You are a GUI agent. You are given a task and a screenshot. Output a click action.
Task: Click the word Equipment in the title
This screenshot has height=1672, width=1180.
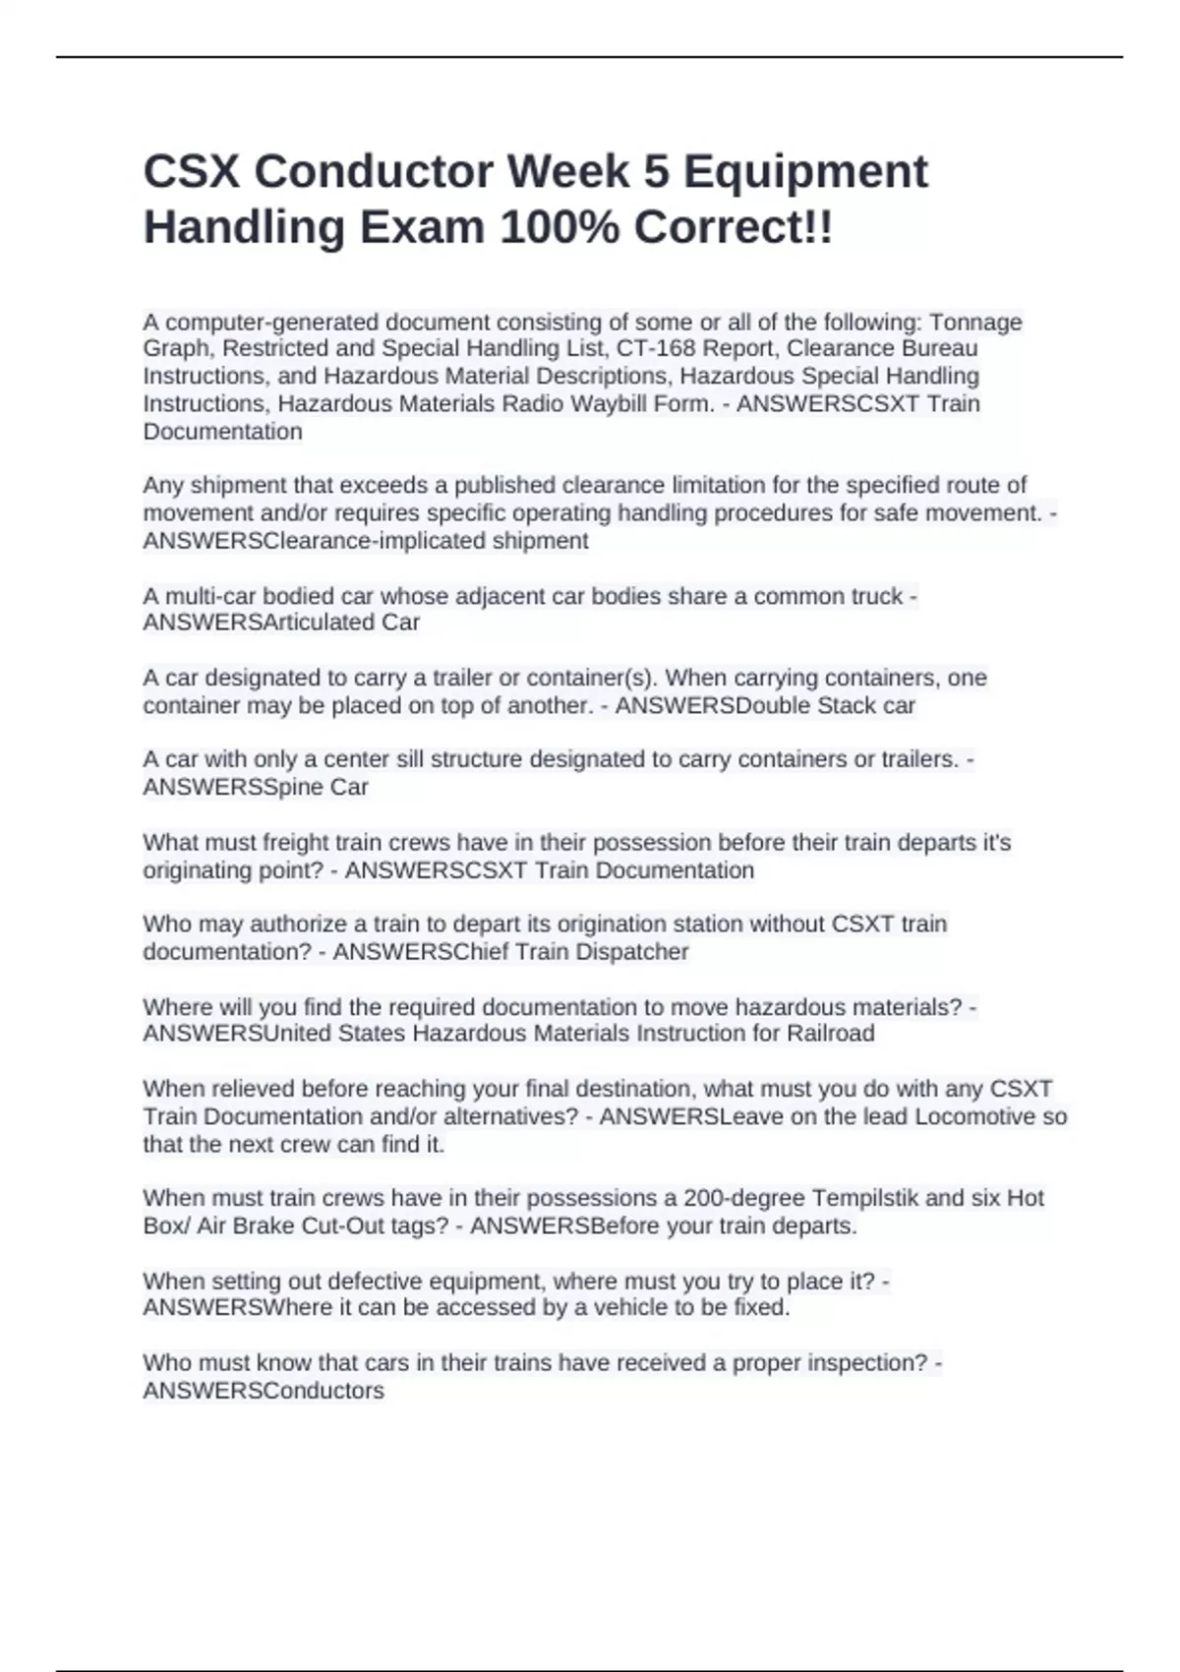click(x=805, y=172)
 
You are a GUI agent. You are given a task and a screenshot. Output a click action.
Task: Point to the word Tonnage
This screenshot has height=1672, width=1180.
click(x=975, y=322)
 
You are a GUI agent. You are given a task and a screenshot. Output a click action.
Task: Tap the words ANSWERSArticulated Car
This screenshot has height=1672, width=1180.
click(x=281, y=623)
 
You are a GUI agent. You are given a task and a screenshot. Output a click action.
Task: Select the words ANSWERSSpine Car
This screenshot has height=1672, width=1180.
click(x=256, y=787)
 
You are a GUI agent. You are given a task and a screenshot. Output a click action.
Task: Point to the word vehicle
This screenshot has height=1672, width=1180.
click(x=616, y=1308)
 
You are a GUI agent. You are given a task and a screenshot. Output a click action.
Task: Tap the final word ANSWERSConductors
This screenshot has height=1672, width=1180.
click(x=264, y=1391)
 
